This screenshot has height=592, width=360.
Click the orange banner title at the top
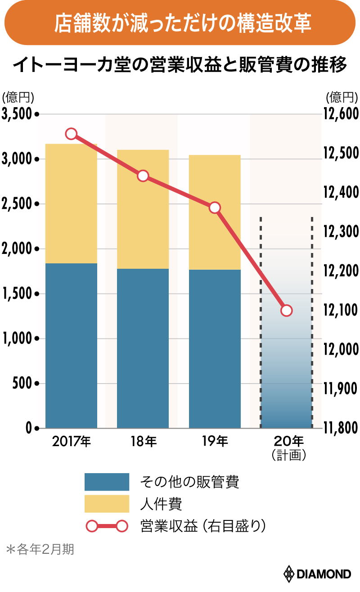coord(180,23)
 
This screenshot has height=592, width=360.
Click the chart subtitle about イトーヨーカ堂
coord(180,66)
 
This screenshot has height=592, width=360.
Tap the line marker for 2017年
coord(71,134)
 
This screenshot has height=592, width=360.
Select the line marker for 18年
coord(143,176)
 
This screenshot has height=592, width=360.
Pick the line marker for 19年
coord(215,208)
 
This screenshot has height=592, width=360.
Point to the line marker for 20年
coord(286,310)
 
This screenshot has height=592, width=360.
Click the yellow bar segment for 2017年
coord(71,203)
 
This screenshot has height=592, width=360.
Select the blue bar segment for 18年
coord(143,348)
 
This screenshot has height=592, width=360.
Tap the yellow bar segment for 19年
coord(215,212)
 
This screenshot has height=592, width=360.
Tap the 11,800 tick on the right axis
coord(340,428)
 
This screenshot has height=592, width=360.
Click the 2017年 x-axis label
coord(71,442)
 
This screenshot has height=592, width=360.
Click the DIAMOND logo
coord(317,574)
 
